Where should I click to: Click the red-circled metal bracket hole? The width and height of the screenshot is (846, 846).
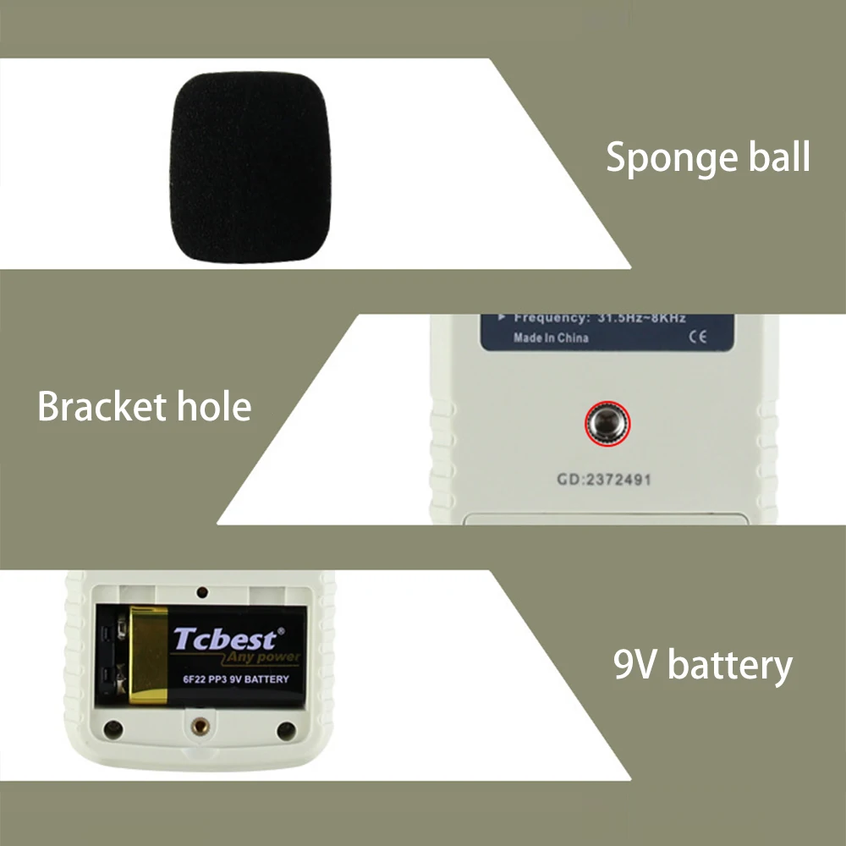[607, 421]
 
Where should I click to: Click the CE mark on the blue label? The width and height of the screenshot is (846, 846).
[696, 338]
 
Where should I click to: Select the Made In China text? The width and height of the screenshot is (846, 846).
[551, 338]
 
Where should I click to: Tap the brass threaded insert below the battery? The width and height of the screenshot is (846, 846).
[201, 725]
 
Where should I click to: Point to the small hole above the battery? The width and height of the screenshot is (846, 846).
[202, 591]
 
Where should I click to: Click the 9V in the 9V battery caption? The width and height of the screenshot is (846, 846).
[636, 665]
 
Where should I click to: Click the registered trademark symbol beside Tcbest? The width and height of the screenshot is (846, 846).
[282, 630]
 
